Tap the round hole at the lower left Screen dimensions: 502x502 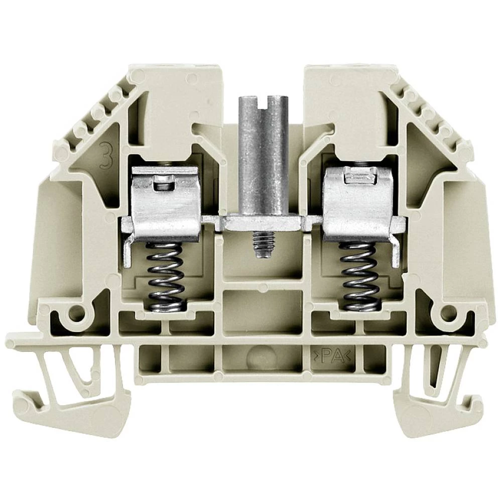(x=77, y=310)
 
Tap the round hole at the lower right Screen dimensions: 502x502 (x=448, y=310)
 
